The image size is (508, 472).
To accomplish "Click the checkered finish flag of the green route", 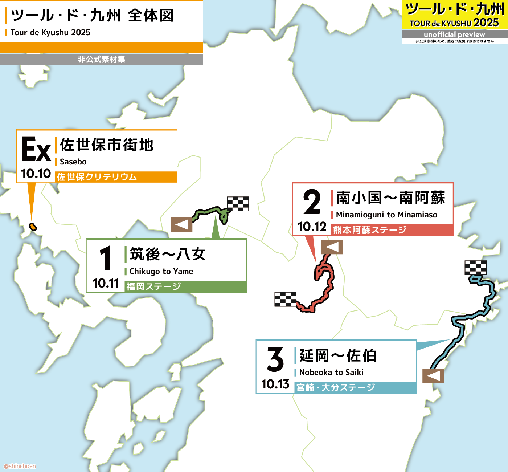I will coord(238,204).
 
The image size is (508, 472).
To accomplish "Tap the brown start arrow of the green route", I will coord(181,224).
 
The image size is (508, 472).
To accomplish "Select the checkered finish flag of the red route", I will coord(286,299).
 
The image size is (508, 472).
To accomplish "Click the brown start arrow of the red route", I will coord(332,247).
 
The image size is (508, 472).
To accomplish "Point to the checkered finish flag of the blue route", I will coord(475,268).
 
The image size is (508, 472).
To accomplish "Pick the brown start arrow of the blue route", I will coord(433,376).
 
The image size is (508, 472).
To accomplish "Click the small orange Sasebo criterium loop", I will coord(33,227).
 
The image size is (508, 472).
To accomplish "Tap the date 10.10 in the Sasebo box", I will coord(36,174).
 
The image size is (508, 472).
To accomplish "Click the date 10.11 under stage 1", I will coord(106,283).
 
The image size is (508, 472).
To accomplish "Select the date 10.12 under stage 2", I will coord(312,227).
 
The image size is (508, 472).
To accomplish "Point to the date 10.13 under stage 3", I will coord(275,384).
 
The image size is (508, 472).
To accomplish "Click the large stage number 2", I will coord(312,202).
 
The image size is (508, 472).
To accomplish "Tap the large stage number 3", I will coord(275,359).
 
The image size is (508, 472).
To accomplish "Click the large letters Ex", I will coord(36,149).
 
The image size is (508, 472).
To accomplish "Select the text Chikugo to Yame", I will coord(161,271).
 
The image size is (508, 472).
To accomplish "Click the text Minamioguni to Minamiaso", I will coord(386,215).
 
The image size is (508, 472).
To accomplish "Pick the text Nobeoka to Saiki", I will coord(331,372).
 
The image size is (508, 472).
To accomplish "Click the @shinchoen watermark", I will coord(20,466).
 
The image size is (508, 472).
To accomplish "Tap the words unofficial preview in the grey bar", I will coord(454,34).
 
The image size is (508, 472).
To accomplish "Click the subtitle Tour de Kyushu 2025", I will coord(50,32).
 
